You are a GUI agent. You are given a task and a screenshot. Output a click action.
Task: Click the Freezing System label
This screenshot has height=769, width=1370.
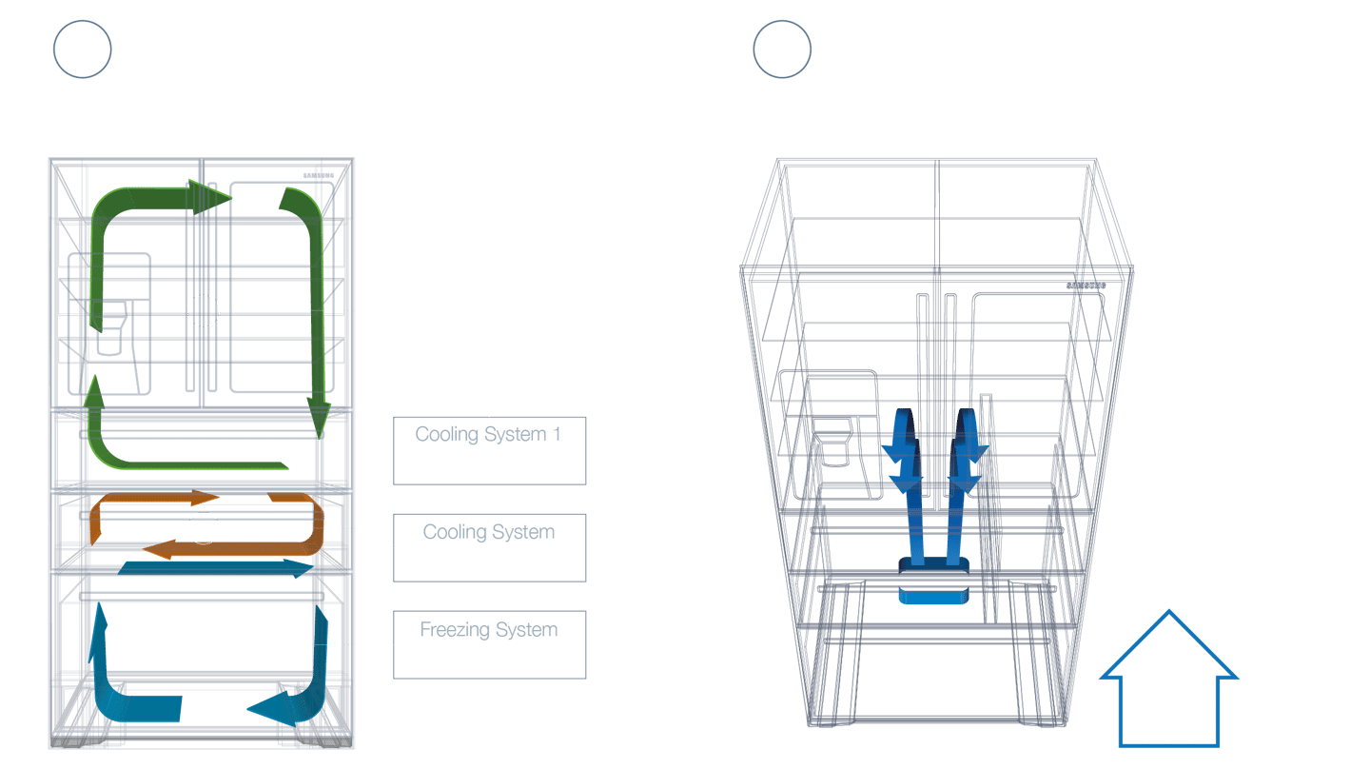tap(488, 629)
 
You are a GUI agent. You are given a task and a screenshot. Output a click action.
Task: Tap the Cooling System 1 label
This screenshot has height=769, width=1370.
tap(488, 435)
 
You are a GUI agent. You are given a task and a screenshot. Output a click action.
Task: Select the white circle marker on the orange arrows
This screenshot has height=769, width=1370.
tap(203, 528)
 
